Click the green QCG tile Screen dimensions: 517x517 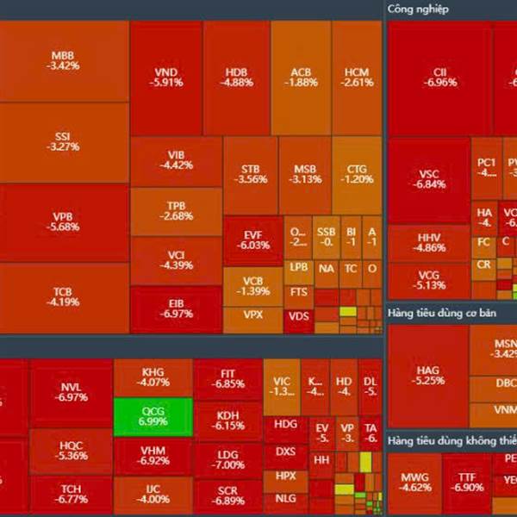(152, 417)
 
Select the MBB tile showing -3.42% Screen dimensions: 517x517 (64, 60)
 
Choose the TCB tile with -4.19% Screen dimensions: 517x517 (64, 297)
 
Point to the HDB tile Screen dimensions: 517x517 (236, 78)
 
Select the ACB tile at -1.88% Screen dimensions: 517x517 (301, 78)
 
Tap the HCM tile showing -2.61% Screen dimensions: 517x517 (357, 78)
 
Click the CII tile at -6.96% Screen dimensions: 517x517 (439, 78)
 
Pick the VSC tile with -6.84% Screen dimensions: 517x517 (428, 179)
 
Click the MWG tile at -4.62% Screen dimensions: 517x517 (416, 481)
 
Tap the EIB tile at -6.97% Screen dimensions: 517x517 (176, 308)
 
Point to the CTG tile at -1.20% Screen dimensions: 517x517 (357, 174)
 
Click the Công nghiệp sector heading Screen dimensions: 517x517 (418, 9)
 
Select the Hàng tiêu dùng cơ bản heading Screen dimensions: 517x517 (447, 310)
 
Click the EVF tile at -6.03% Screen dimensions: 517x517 (252, 240)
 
